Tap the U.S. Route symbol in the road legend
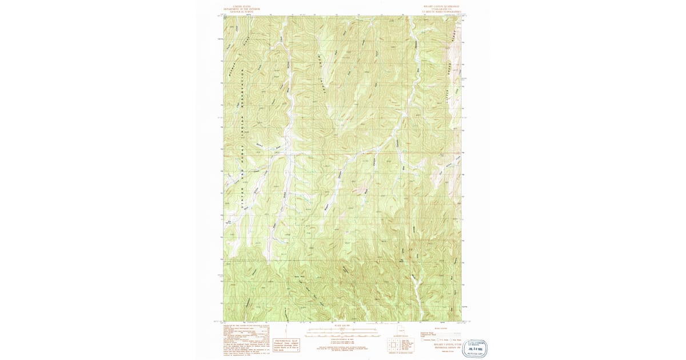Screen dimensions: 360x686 446,339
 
